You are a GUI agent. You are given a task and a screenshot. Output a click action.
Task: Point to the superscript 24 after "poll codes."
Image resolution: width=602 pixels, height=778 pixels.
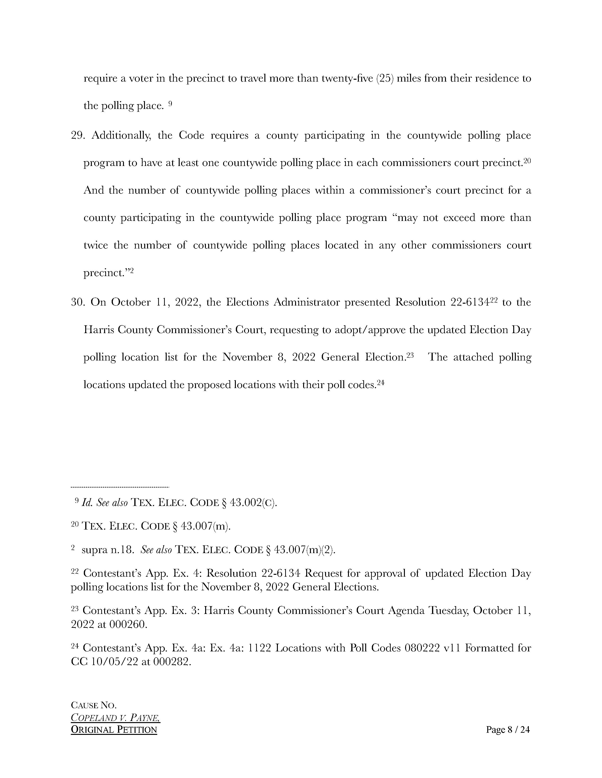[381, 382]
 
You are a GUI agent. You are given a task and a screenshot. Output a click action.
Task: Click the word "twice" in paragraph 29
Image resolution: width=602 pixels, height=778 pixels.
[96, 245]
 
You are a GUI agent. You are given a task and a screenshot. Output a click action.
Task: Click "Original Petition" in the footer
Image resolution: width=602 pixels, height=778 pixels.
[114, 730]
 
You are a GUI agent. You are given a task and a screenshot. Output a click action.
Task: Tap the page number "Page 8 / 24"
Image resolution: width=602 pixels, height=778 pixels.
[508, 730]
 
